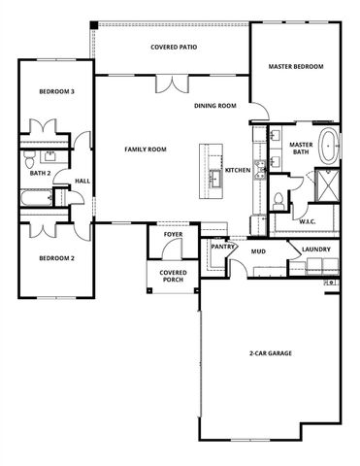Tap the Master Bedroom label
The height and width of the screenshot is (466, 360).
click(x=295, y=67)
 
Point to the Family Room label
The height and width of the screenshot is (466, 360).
click(x=146, y=149)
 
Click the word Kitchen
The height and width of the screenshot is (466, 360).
click(x=238, y=170)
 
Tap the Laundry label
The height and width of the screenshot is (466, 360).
click(x=316, y=250)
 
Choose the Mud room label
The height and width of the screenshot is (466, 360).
click(x=258, y=251)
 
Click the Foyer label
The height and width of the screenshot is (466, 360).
click(x=173, y=234)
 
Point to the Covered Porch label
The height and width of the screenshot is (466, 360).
click(x=173, y=277)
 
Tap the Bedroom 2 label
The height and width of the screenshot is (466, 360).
click(x=56, y=258)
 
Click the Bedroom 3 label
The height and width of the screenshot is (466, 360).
click(x=56, y=91)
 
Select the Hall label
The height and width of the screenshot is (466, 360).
click(x=82, y=180)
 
